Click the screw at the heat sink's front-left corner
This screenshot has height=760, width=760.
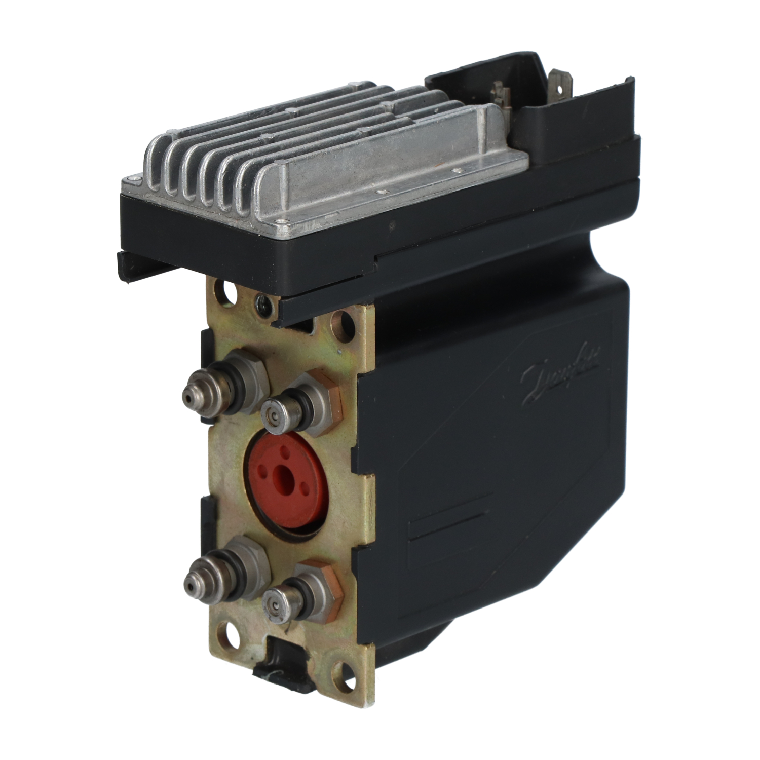pos(133,178)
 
